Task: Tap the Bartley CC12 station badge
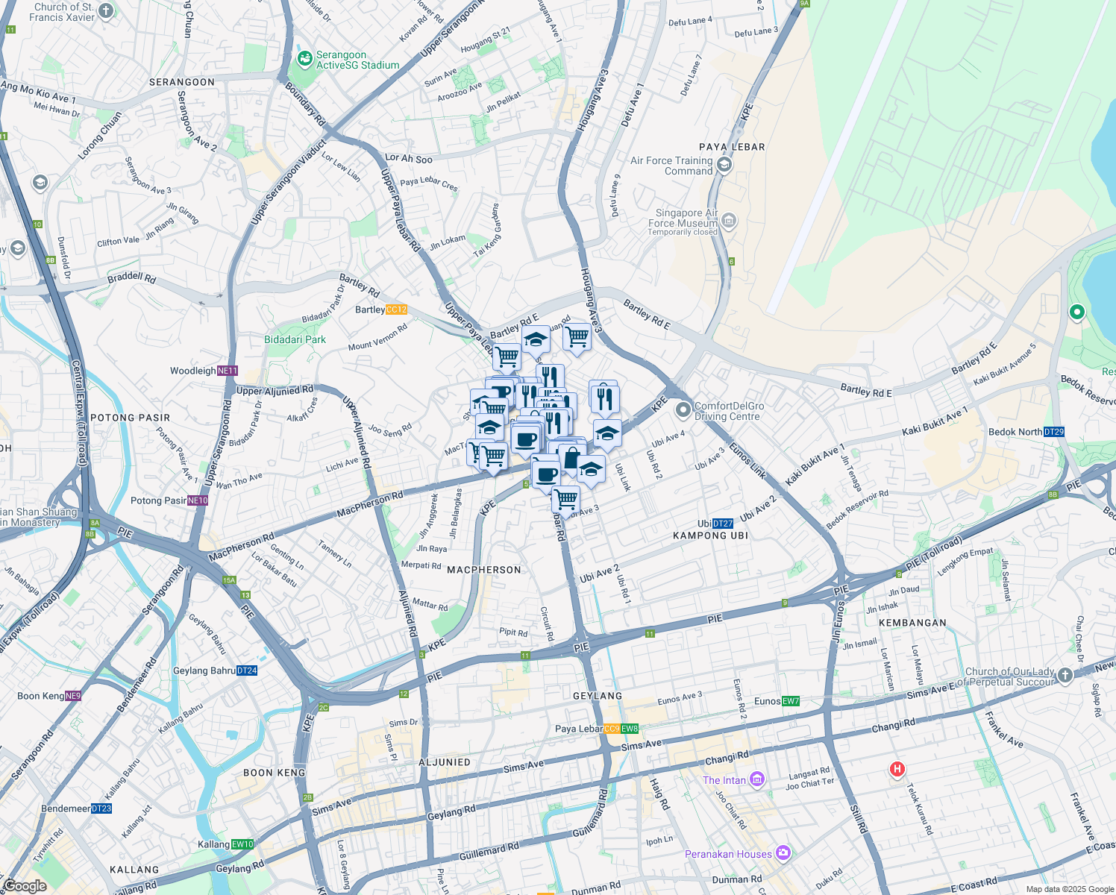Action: (396, 310)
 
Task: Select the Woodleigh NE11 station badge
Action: (228, 371)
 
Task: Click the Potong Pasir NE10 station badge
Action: (198, 500)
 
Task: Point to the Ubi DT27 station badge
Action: (723, 524)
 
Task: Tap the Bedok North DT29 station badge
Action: (1054, 432)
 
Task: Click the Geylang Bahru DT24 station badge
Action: (247, 671)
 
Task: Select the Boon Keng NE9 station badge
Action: (73, 696)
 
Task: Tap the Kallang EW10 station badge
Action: (242, 844)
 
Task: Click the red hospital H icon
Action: (897, 769)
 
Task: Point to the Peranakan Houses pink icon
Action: (783, 852)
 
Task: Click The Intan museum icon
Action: (757, 779)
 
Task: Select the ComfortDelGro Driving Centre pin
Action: (683, 410)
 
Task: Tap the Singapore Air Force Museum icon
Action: (729, 221)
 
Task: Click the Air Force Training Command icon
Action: (723, 165)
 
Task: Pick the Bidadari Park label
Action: (295, 339)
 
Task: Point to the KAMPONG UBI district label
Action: (710, 536)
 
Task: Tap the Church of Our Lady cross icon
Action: (1065, 676)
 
